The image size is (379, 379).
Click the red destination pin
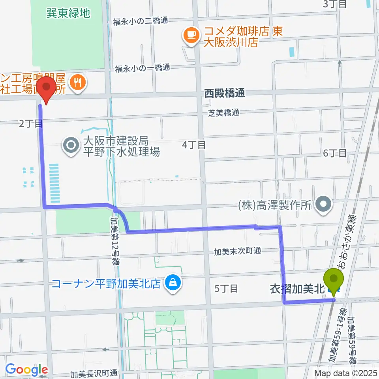click(47, 89)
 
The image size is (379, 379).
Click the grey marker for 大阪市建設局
click(71, 145)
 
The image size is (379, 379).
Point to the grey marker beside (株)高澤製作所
click(325, 204)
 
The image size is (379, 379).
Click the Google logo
click(26, 370)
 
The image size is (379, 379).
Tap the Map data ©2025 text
click(345, 372)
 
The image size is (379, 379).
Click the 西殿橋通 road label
click(225, 93)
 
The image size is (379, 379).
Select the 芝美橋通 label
click(224, 113)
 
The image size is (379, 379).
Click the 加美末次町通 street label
click(238, 251)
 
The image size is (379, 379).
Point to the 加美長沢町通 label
click(94, 373)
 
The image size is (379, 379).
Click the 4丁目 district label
click(194, 145)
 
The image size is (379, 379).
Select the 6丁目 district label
click(335, 153)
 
